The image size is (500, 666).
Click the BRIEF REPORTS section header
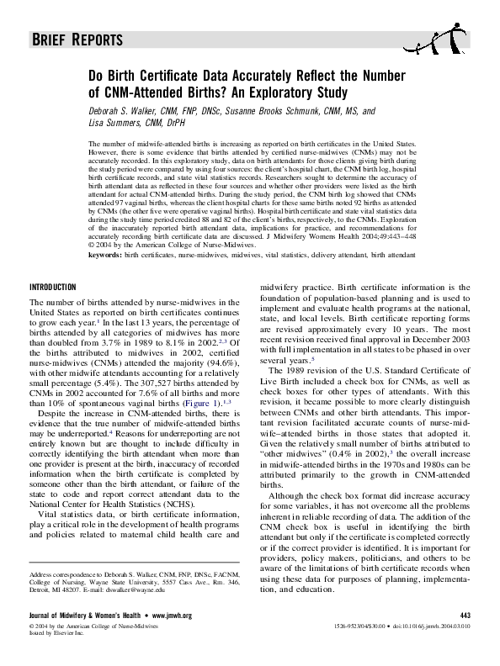[77, 40]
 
